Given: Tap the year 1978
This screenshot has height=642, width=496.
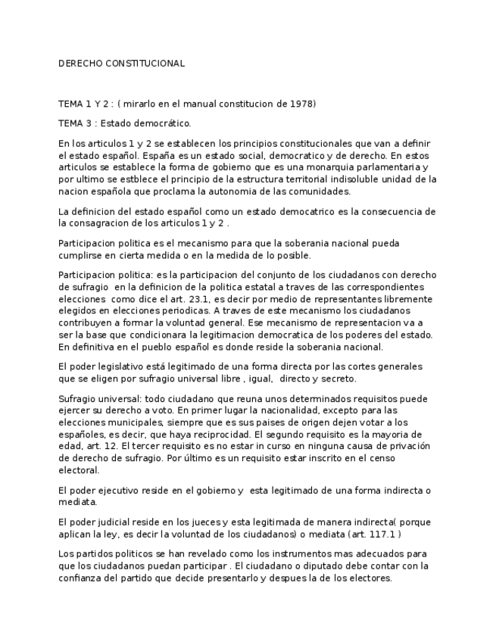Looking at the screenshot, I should pyautogui.click(x=301, y=104).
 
